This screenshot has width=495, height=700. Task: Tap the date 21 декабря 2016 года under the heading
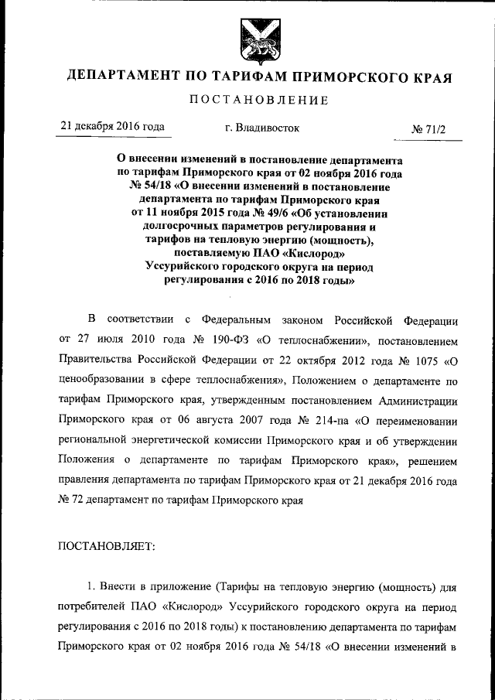[x=111, y=128]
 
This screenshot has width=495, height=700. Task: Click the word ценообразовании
[x=105, y=379]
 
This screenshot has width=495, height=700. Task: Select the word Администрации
[x=418, y=399]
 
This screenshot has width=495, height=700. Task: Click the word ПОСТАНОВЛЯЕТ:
[x=107, y=547]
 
